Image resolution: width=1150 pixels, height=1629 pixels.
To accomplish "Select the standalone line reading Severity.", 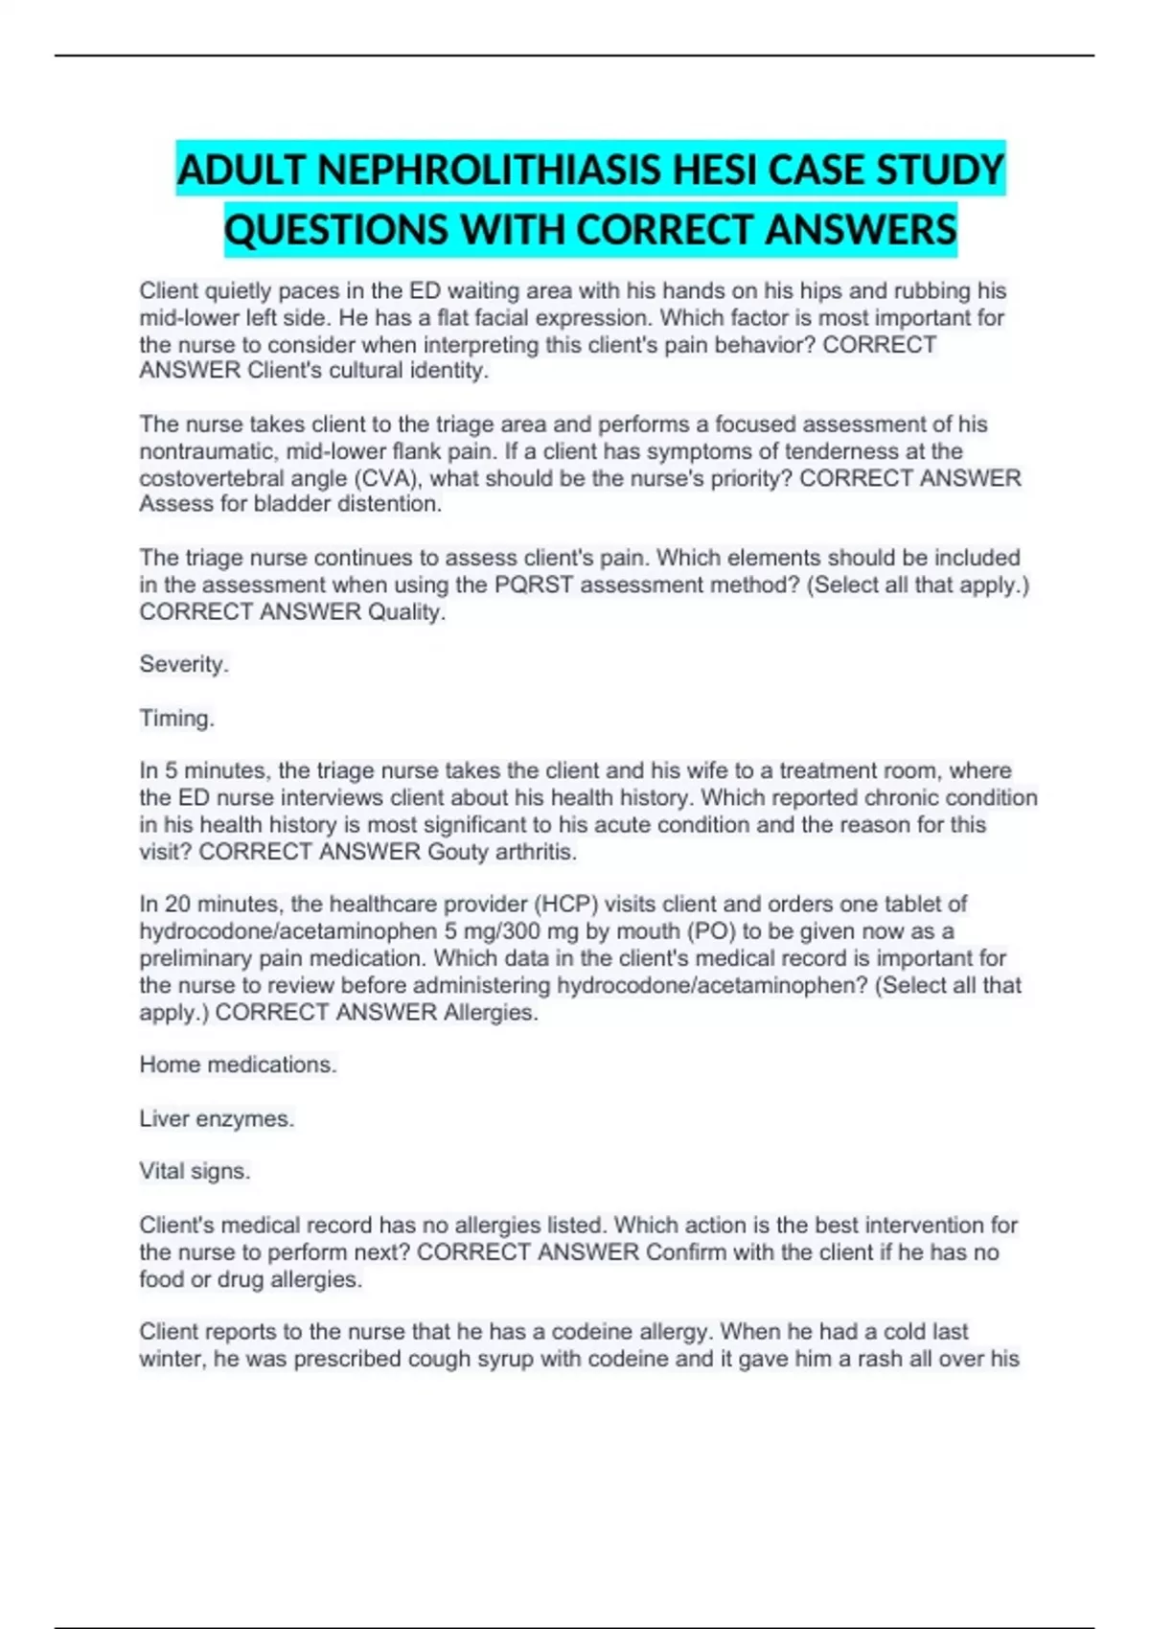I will [x=184, y=664].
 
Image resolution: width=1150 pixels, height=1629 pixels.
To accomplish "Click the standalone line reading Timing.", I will [x=176, y=718].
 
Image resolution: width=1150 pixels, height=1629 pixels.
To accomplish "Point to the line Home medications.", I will [x=238, y=1065].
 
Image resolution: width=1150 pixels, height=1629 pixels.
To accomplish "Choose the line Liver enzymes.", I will [x=217, y=1118].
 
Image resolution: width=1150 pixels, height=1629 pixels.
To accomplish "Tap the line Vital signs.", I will [x=195, y=1171].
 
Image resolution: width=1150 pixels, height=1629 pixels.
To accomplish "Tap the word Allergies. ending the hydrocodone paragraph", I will [x=491, y=1012].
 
